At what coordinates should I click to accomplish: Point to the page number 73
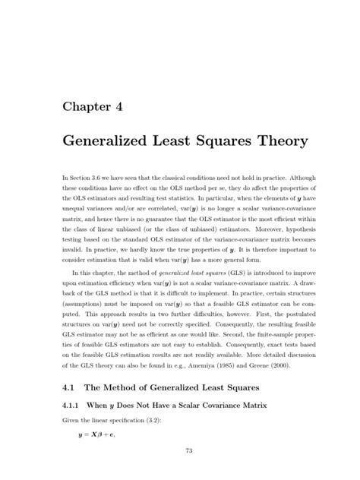coord(180,453)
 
